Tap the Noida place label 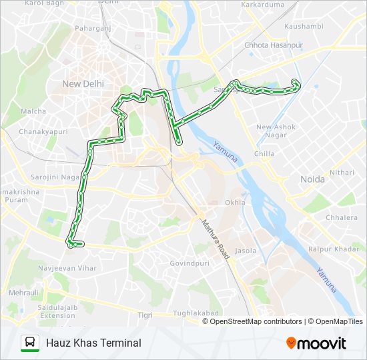point(312,179)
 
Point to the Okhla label point(236,202)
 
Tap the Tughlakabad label point(196,313)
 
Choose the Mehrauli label point(23,293)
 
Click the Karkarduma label point(264,5)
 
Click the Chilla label point(264,153)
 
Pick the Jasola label point(246,251)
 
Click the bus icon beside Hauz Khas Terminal point(30,343)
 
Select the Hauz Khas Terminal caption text point(93,343)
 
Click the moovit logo point(316,343)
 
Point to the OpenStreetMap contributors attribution point(256,321)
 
